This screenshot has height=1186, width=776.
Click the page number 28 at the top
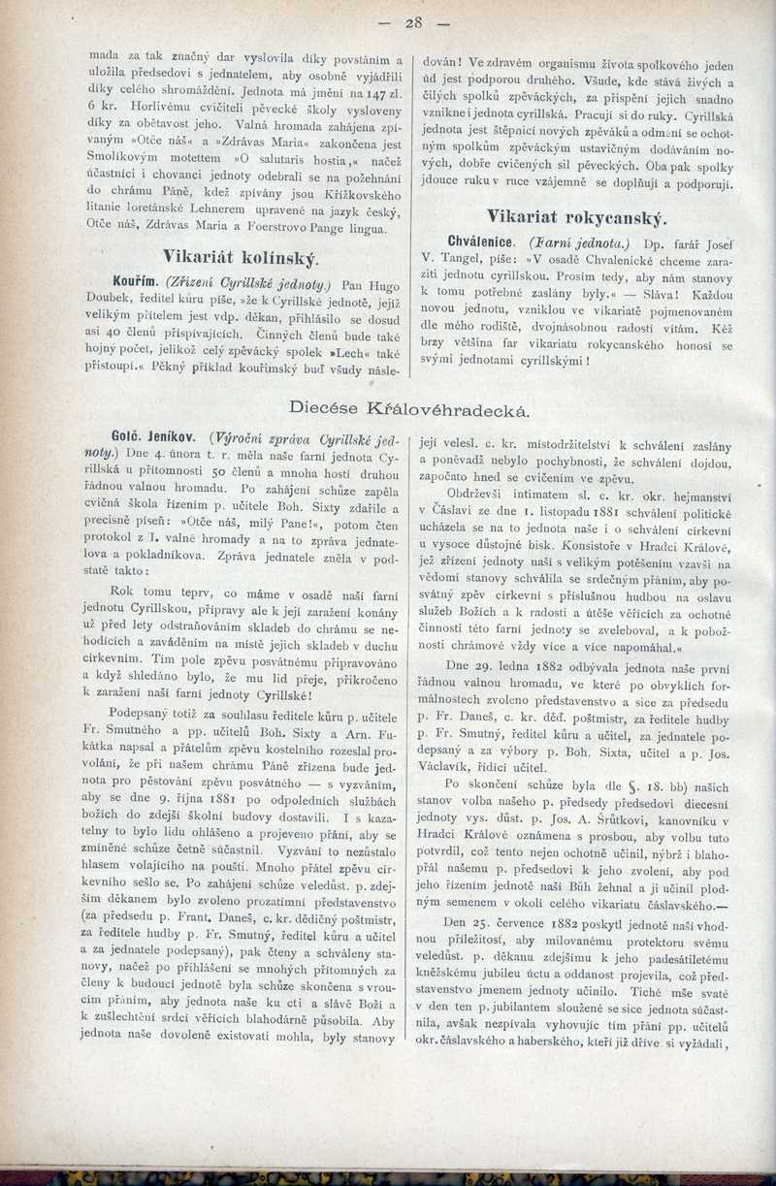point(413,22)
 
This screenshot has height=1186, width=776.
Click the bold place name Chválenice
point(484,239)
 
